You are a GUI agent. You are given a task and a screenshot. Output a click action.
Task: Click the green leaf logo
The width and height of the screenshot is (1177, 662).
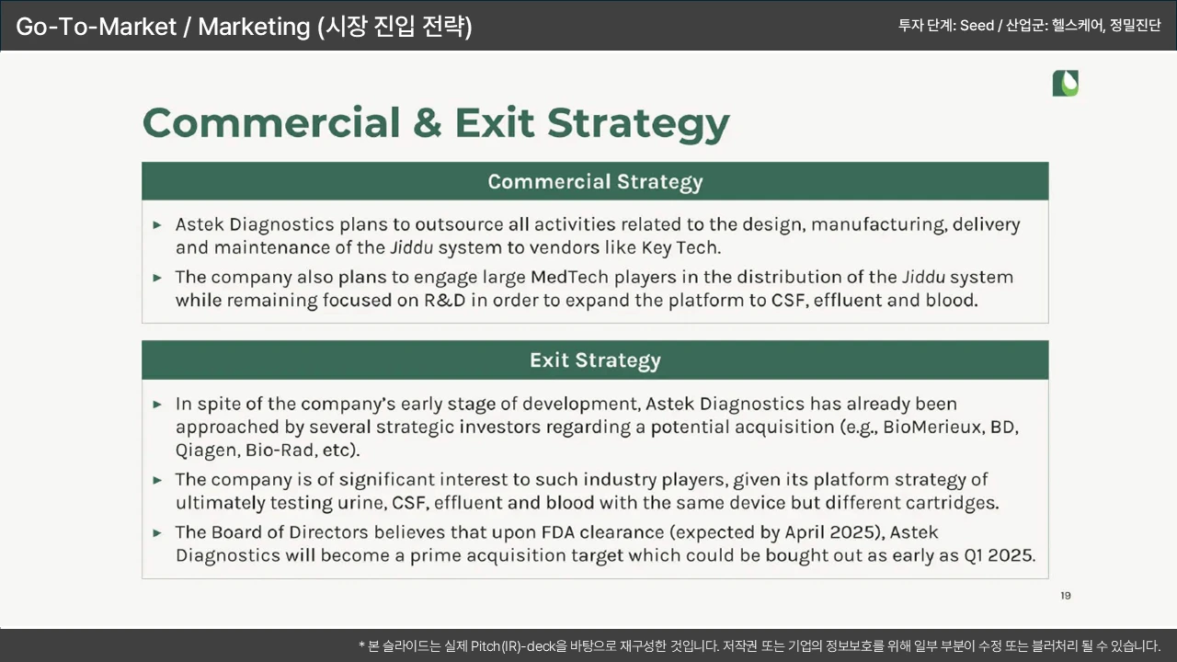[x=1065, y=83]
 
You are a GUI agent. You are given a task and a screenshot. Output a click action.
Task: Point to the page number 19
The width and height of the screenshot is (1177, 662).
[x=1065, y=595]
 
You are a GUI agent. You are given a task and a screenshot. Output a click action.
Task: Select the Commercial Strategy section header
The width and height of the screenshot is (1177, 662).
[x=595, y=181]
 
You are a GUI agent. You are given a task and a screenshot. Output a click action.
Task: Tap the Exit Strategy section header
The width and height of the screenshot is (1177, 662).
[x=595, y=360]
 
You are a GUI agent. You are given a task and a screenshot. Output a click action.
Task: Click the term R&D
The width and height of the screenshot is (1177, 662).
[x=444, y=300]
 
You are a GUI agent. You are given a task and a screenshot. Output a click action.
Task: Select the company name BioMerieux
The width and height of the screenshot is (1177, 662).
[x=931, y=427]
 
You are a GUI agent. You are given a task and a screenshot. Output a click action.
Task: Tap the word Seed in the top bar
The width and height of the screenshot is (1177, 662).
[x=977, y=25]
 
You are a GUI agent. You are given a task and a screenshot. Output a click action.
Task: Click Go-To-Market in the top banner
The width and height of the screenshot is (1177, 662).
[x=97, y=27]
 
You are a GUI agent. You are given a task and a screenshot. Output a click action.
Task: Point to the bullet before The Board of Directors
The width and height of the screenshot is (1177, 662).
[x=156, y=532]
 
